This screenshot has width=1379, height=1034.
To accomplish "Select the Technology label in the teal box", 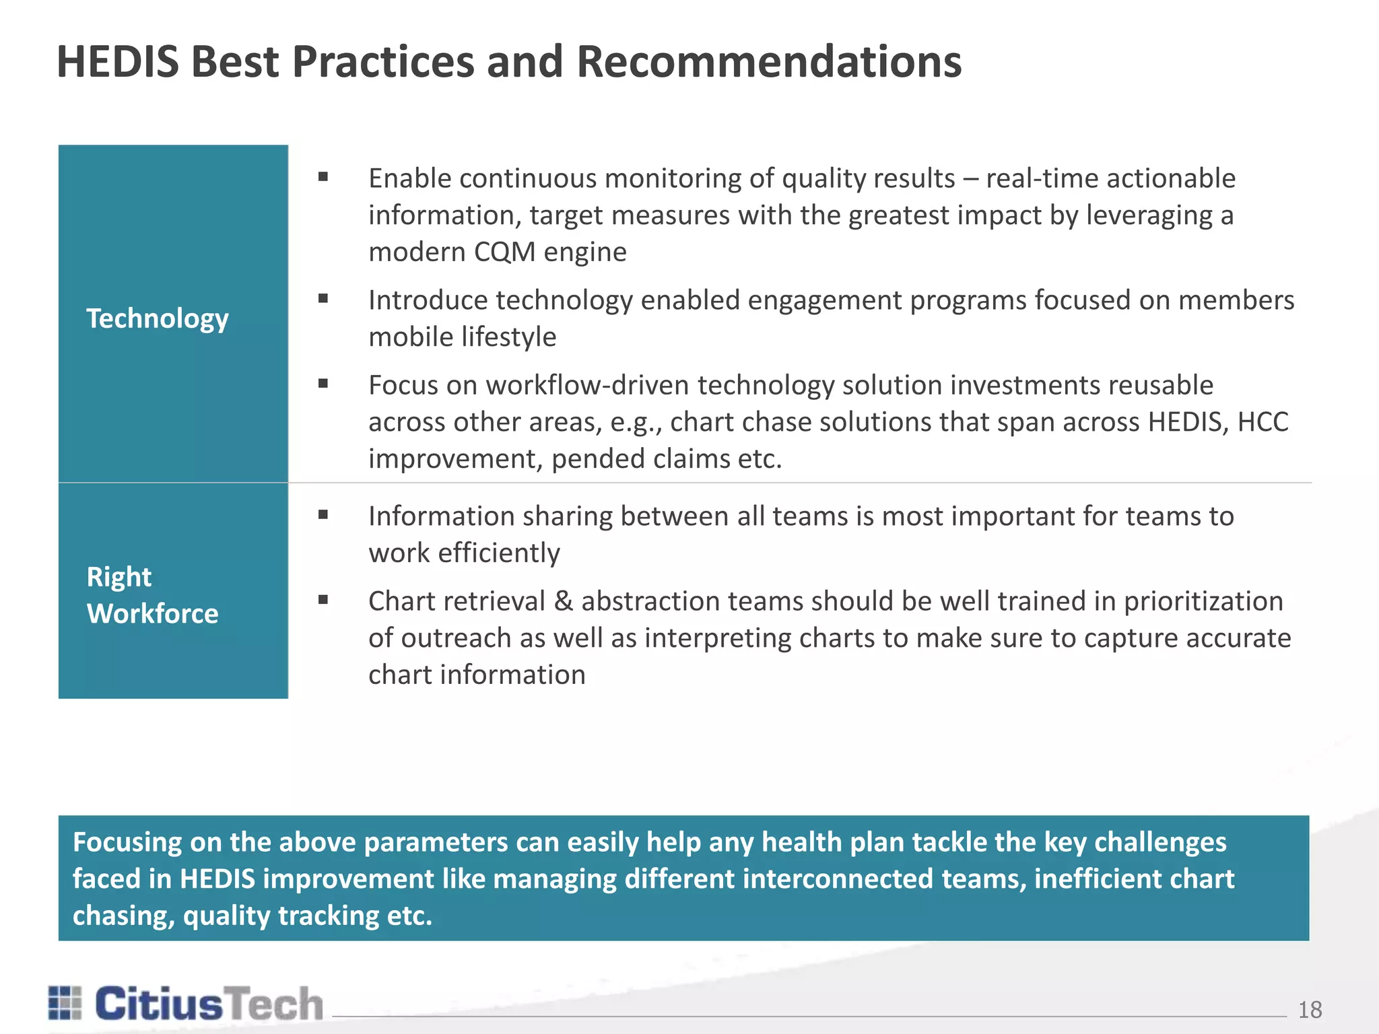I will point(158,318).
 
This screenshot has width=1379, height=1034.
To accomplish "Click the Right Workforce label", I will point(152,595).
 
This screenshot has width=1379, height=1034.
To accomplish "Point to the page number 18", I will point(1310,1010).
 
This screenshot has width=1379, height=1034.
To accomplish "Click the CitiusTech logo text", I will point(209,1004).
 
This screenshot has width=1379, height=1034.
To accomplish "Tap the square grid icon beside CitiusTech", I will point(65,1003).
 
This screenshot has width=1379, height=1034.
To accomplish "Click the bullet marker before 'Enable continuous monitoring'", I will point(323,177).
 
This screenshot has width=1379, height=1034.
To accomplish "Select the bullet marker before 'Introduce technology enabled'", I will point(323,298).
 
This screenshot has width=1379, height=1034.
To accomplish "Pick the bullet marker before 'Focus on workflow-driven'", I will point(323,384).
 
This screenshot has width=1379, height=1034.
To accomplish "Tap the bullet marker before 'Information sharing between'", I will point(323,515).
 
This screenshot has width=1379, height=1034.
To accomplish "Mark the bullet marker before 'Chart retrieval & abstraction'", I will point(323,600).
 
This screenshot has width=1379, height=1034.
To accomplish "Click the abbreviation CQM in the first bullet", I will point(504,252).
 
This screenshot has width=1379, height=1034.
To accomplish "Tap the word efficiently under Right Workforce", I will point(499,553).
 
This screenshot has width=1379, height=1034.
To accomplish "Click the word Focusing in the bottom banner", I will point(127,843).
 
